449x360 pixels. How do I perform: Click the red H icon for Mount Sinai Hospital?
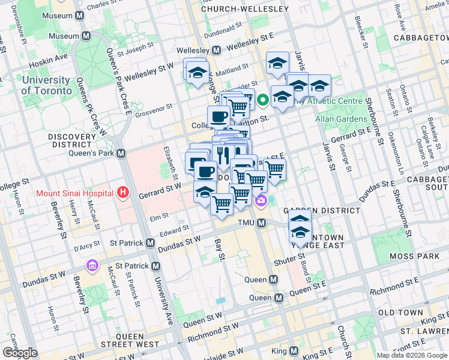click(x=123, y=193)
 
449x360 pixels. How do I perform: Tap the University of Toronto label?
click(x=45, y=85)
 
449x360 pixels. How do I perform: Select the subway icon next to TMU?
click(x=262, y=223)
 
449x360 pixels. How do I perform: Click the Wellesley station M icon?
click(x=215, y=50)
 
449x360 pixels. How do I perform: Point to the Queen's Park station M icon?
click(x=121, y=153)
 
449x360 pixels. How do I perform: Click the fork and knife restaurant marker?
click(x=223, y=154)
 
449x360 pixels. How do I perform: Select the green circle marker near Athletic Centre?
click(x=263, y=100)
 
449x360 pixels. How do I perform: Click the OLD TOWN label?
click(x=401, y=313)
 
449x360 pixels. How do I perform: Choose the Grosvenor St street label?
click(x=152, y=109)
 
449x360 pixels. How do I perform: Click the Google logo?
click(x=20, y=353)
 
